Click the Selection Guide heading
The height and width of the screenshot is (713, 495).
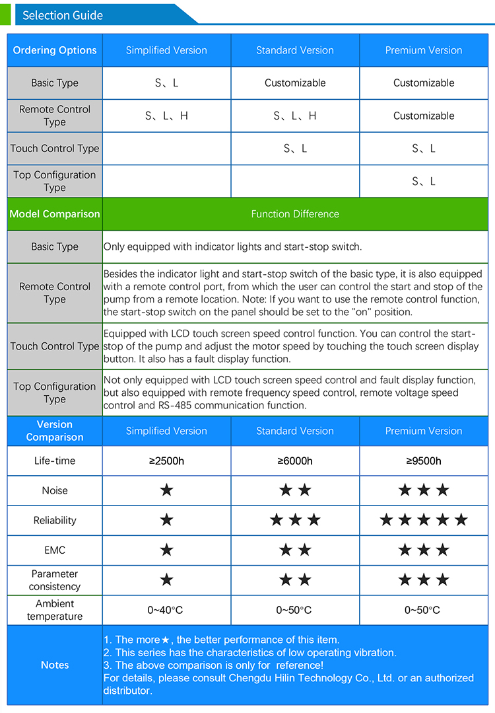pyautogui.click(x=63, y=15)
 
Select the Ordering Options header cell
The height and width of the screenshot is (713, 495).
pyautogui.click(x=55, y=50)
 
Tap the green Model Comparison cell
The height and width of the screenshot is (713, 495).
pyautogui.click(x=55, y=214)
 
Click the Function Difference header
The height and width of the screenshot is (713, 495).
pyautogui.click(x=295, y=214)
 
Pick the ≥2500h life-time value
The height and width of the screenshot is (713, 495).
pyautogui.click(x=166, y=461)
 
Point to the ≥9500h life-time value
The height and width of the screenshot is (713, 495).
pyautogui.click(x=424, y=461)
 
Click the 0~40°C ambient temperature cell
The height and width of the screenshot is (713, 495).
pyautogui.click(x=166, y=610)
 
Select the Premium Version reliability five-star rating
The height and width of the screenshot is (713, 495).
pyautogui.click(x=424, y=520)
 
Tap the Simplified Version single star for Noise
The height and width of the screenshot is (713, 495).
pyautogui.click(x=166, y=490)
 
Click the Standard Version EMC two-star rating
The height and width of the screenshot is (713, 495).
pyautogui.click(x=295, y=550)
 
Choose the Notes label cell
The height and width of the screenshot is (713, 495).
pyautogui.click(x=55, y=665)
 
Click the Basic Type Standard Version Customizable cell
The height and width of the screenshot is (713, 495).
pyautogui.click(x=295, y=83)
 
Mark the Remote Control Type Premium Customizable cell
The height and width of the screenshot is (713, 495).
pyautogui.click(x=424, y=116)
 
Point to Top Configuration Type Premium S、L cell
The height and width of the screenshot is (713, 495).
pyautogui.click(x=424, y=181)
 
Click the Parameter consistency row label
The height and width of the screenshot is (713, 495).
pyautogui.click(x=55, y=580)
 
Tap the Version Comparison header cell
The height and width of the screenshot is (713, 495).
pyautogui.click(x=55, y=431)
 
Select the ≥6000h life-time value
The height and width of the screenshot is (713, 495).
pyautogui.click(x=295, y=461)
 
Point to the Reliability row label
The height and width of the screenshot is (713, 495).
pyautogui.click(x=55, y=521)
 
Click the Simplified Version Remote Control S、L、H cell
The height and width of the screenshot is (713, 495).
pyautogui.click(x=166, y=116)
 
